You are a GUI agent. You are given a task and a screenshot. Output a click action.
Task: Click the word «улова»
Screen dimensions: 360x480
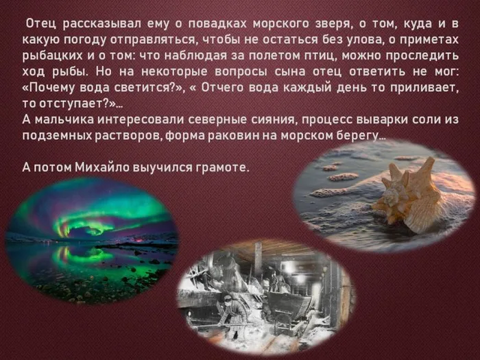(x=342, y=42)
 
